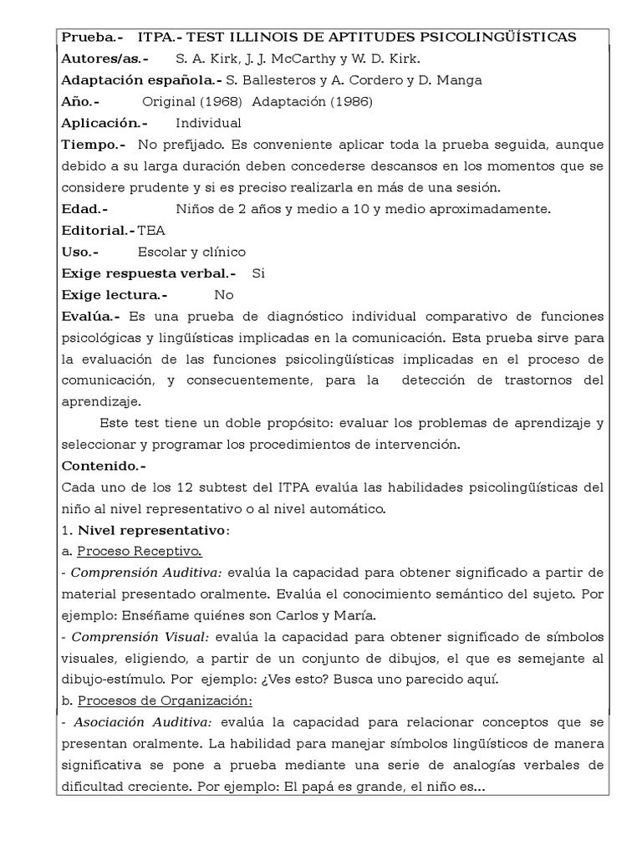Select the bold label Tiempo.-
point(94,145)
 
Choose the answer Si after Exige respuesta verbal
point(258,273)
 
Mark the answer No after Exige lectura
point(224,294)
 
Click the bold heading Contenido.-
point(104,466)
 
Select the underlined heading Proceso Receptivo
point(139,551)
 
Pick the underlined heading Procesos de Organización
point(165,701)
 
